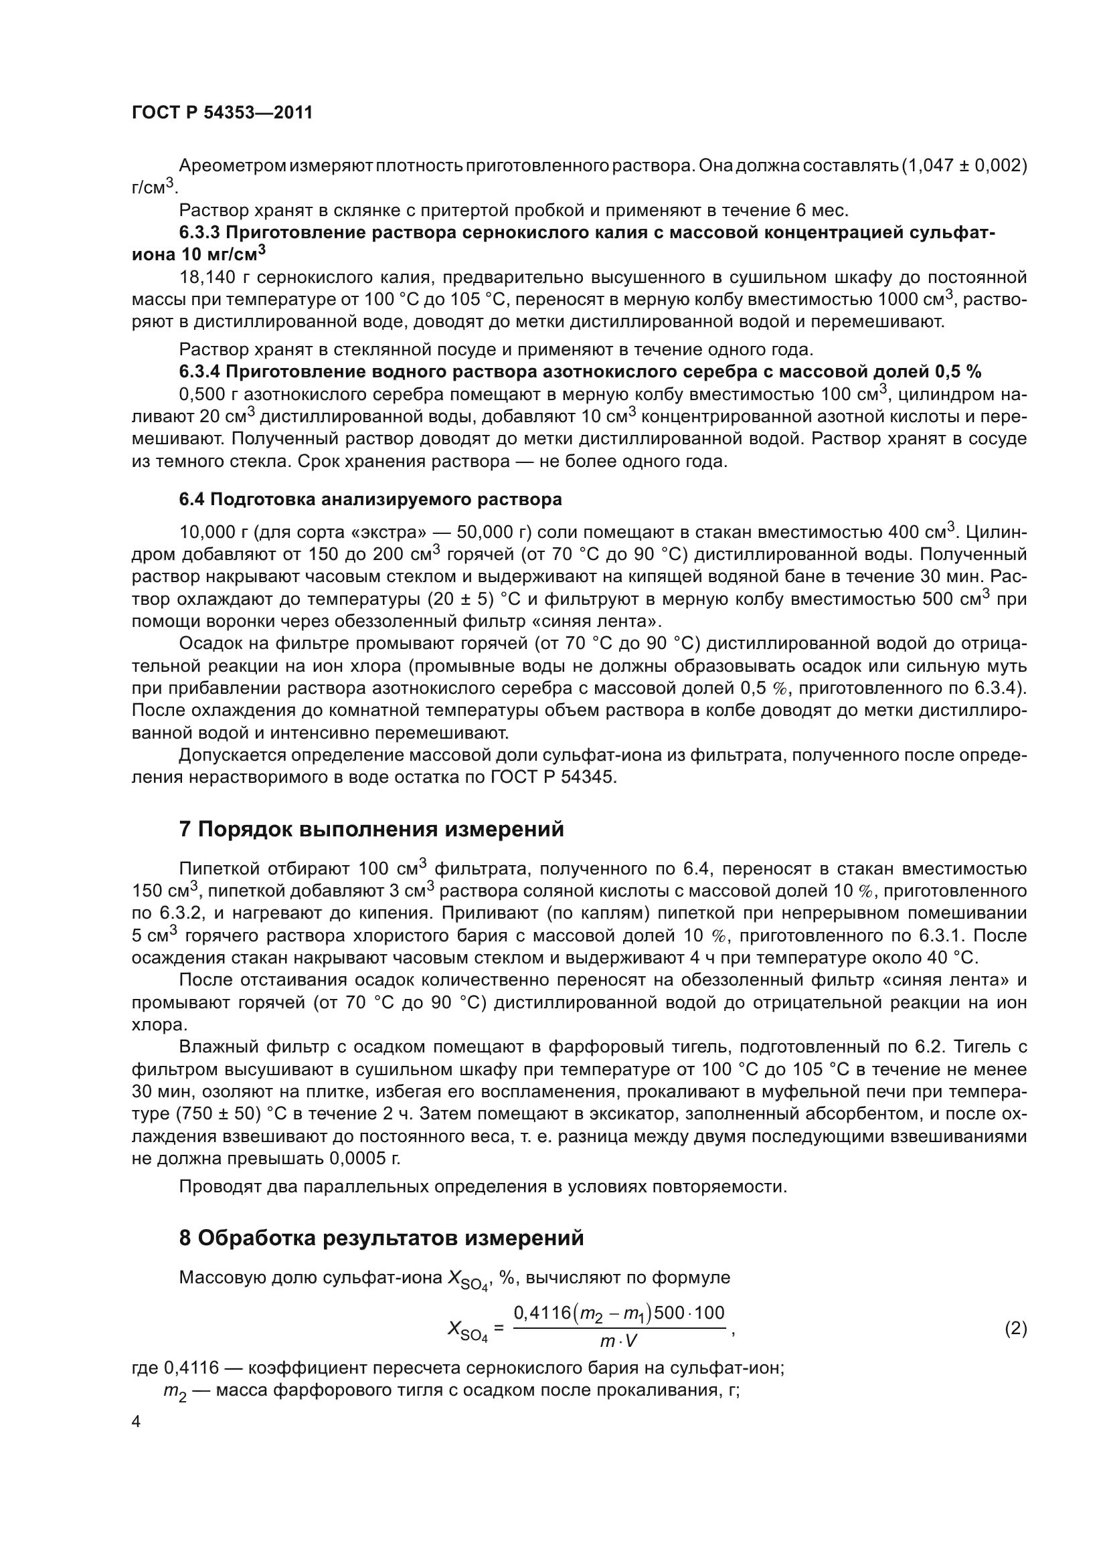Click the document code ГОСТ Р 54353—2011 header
(x=222, y=113)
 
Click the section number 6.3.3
(x=199, y=232)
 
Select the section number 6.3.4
(x=199, y=371)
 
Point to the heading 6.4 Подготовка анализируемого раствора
(x=370, y=499)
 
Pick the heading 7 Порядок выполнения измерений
(x=371, y=829)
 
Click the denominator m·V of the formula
(x=618, y=1342)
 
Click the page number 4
(x=136, y=1422)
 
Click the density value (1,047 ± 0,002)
(x=964, y=166)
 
